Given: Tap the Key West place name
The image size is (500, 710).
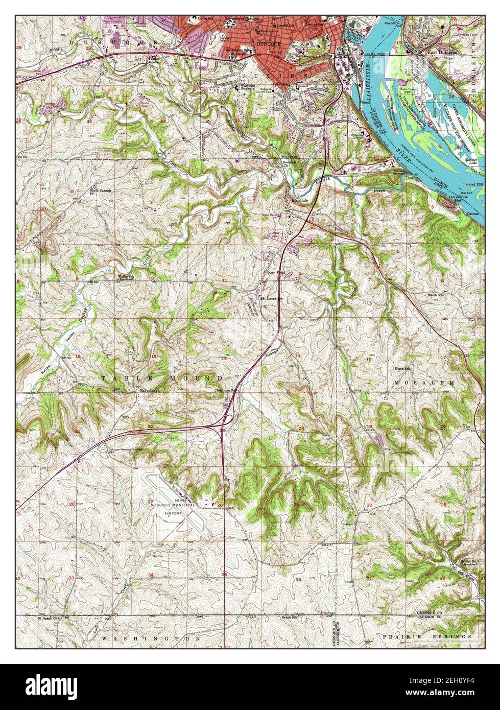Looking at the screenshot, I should (x=276, y=273).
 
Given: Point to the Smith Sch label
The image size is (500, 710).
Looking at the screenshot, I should (x=437, y=295).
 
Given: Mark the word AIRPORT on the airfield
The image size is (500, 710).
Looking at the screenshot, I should (x=173, y=512).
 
